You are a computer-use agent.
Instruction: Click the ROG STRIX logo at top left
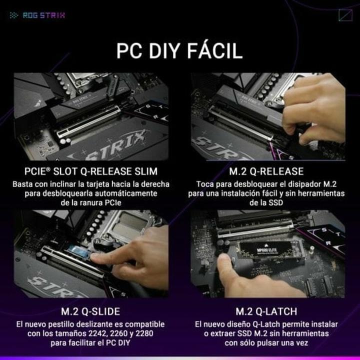(37, 15)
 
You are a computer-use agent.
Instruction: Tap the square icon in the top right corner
(345, 15)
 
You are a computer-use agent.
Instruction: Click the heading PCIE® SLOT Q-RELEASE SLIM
(90, 171)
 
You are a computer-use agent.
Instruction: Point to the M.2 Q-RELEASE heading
(267, 171)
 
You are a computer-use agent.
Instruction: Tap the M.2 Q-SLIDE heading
(90, 311)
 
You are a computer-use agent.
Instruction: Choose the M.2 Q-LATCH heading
(267, 311)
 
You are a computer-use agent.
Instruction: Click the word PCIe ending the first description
(111, 202)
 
